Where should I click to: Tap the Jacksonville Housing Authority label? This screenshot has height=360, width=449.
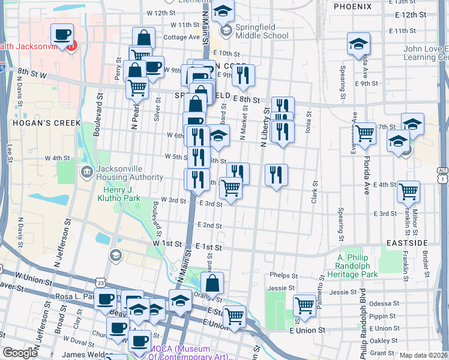(124, 173)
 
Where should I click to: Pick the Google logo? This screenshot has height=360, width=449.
(19, 353)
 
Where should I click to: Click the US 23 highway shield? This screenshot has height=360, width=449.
(100, 282)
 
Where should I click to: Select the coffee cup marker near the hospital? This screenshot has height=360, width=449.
(62, 34)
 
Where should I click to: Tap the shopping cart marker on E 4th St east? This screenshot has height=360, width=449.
(409, 192)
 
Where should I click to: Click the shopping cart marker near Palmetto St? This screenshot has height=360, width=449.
(305, 305)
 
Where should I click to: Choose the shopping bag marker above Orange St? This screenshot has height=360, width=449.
(212, 283)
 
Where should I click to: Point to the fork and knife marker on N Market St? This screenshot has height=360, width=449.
(243, 75)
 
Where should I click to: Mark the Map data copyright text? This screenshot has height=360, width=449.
(423, 355)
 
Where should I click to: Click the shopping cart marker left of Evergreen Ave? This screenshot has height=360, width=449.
(364, 134)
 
